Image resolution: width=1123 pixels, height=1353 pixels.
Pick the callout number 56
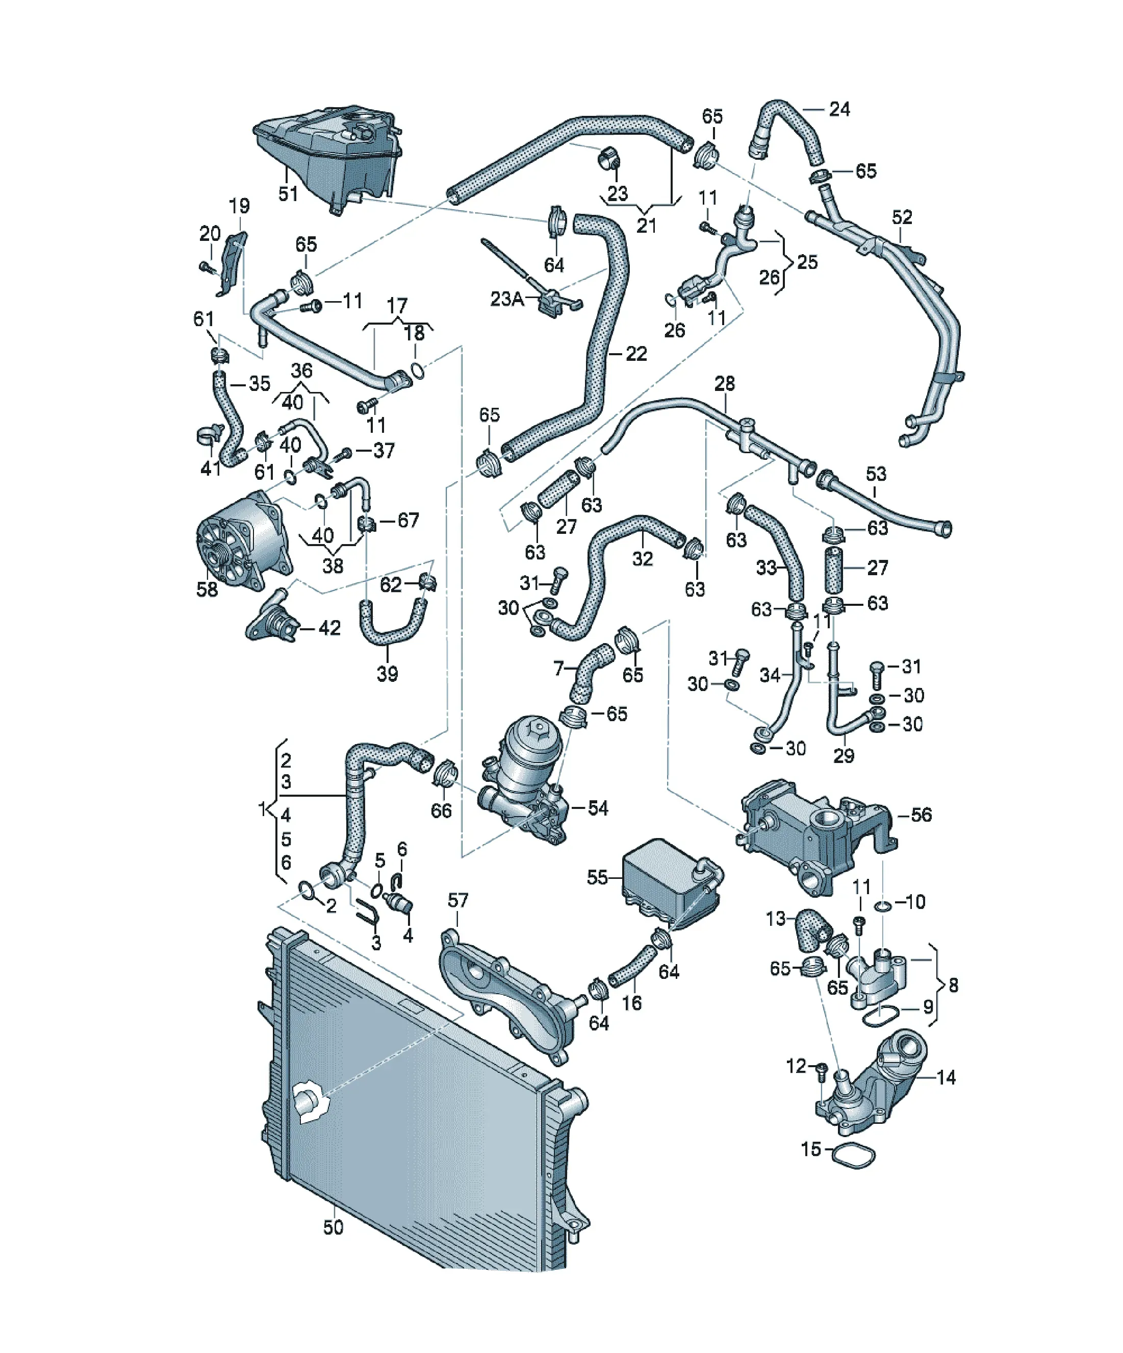[922, 815]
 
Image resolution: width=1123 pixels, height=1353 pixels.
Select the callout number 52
[902, 217]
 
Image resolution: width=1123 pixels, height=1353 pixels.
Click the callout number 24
[839, 109]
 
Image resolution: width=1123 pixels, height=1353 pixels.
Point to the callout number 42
[329, 628]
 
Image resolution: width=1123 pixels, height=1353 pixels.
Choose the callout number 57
[458, 900]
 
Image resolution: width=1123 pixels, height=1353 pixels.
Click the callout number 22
[636, 354]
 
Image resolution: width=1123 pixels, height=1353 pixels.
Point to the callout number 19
[240, 206]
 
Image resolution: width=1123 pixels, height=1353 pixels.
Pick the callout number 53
[876, 474]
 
